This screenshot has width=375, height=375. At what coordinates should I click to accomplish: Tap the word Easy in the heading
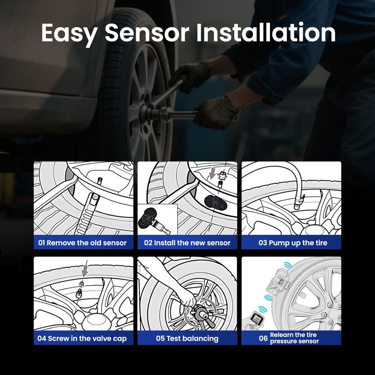[x=69, y=33]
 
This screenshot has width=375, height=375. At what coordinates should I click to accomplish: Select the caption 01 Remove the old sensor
[x=82, y=243]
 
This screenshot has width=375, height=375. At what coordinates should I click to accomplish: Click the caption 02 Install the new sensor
[x=187, y=243]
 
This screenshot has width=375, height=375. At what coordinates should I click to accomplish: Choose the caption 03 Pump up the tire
[x=293, y=243]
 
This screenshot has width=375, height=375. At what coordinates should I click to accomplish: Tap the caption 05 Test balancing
[x=187, y=338]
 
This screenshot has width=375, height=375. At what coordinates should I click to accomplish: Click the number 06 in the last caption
[x=263, y=338]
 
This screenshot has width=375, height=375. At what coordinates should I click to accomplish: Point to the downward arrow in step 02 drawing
[x=212, y=172]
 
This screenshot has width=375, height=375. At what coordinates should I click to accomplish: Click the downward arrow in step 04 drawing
[x=85, y=270]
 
